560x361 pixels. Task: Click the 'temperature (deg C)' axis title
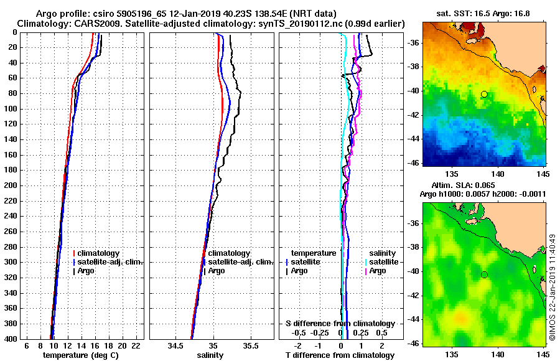pyautogui.click(x=80, y=355)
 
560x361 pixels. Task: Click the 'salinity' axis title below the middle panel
pyautogui.click(x=210, y=355)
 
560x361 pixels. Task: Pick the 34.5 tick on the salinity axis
pyautogui.click(x=175, y=345)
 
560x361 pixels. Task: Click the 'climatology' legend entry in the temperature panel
pyautogui.click(x=98, y=253)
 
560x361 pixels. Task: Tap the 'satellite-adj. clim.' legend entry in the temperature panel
pyautogui.click(x=110, y=262)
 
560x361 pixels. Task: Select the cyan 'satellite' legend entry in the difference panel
pyautogui.click(x=381, y=262)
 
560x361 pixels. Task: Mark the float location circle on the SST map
pyautogui.click(x=484, y=94)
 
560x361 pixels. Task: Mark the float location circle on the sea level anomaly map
pyautogui.click(x=484, y=274)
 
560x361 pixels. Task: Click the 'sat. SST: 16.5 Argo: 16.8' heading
pyautogui.click(x=482, y=12)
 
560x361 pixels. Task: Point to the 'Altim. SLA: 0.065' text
pyautogui.click(x=462, y=185)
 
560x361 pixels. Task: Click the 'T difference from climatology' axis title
pyautogui.click(x=340, y=355)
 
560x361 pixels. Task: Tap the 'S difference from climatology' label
pyautogui.click(x=340, y=324)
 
